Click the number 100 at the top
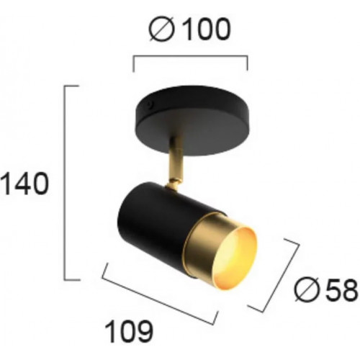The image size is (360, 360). (207, 30)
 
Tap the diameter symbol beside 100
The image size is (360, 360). (161, 30)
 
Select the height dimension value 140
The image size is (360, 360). (24, 184)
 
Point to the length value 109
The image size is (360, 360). (129, 332)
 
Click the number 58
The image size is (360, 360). (341, 289)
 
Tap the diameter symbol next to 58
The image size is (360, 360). (307, 289)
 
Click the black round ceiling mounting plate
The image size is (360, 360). (193, 121)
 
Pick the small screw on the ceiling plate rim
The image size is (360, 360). (150, 104)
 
